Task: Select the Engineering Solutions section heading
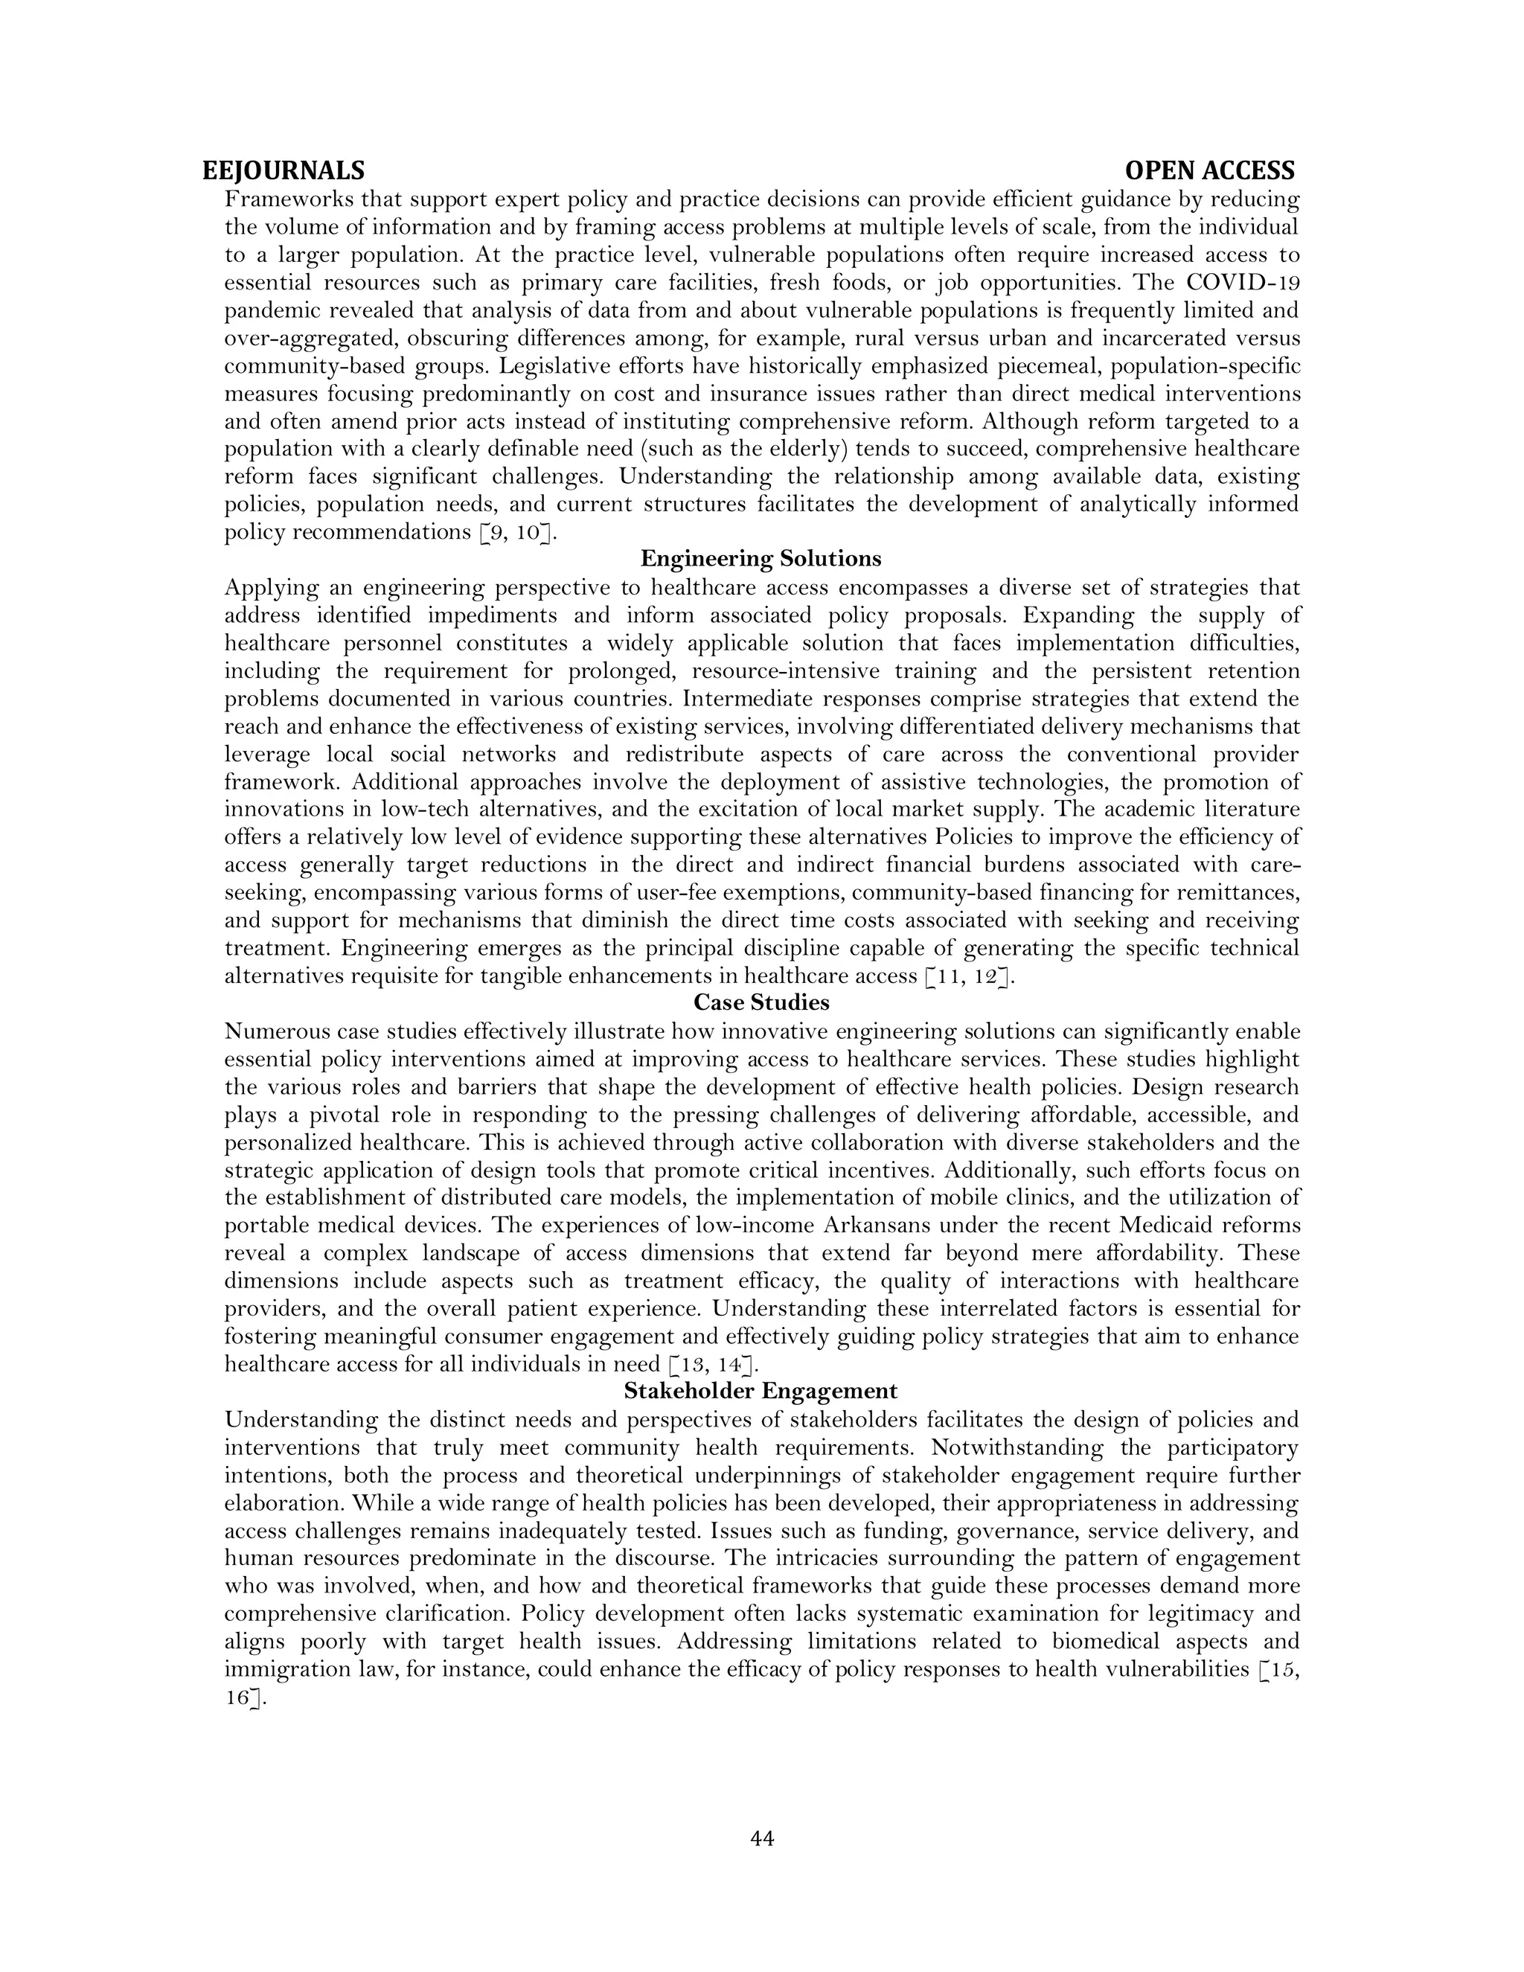[761, 559]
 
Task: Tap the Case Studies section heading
[761, 1003]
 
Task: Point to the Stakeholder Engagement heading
[761, 1392]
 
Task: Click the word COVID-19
[1243, 283]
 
